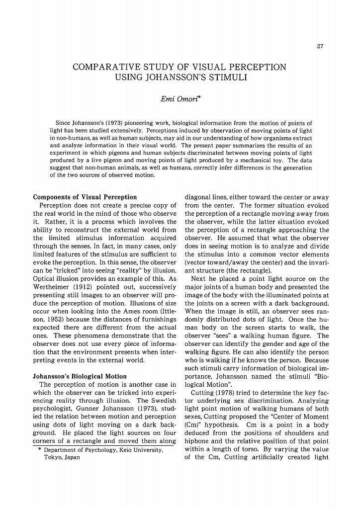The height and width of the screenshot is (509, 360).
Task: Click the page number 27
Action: coord(320,47)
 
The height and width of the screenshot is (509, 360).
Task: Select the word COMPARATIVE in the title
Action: coord(103,67)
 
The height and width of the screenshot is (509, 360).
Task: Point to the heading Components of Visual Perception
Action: coord(85,197)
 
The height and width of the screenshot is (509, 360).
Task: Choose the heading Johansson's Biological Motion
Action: coord(80,376)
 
